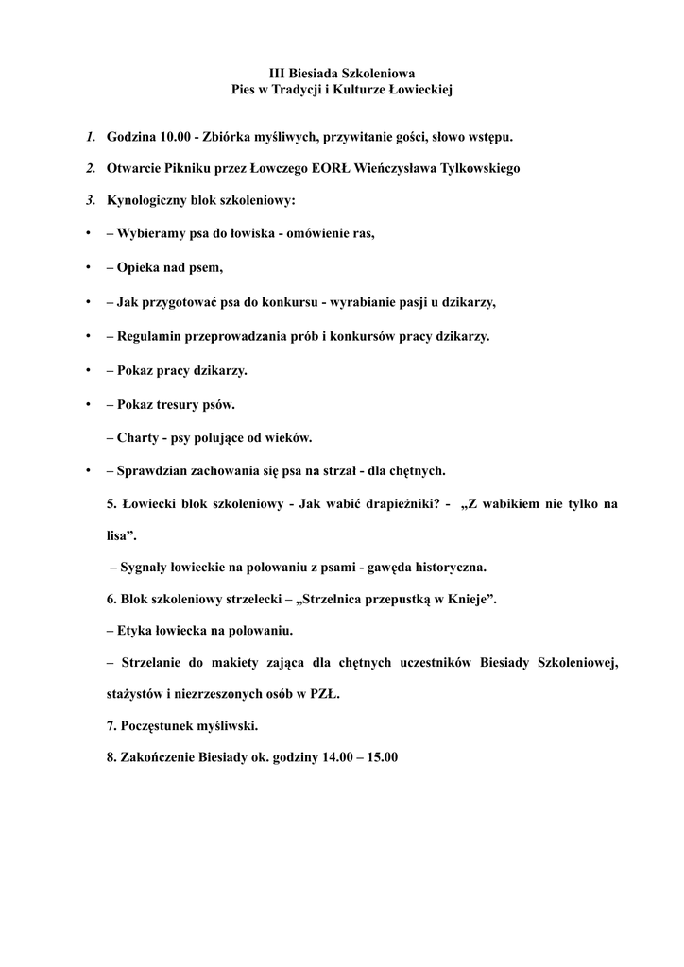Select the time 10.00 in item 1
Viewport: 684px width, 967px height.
point(175,137)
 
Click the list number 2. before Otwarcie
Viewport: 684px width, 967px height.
point(90,169)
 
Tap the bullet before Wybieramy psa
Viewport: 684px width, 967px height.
point(87,234)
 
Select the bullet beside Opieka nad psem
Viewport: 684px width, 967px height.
point(87,268)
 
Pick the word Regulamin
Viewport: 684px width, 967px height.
point(149,336)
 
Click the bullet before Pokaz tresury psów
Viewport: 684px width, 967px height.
point(87,404)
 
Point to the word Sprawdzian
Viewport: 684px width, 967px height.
point(155,470)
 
